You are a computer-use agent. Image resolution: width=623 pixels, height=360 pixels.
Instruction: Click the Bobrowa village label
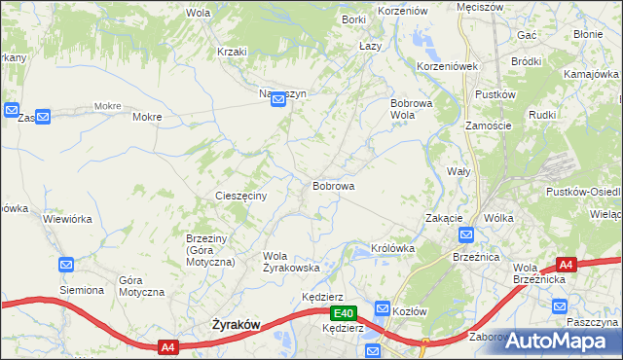pos(333,185)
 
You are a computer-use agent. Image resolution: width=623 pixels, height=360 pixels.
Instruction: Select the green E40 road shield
pos(342,313)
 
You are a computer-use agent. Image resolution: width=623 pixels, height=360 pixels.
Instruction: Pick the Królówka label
pos(393,248)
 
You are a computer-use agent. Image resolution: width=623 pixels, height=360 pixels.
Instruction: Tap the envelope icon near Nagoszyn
pos(277,110)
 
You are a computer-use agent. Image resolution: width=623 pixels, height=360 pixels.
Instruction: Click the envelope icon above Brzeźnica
pos(466,234)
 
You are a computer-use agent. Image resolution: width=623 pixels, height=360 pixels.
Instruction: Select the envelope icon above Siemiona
pos(66,265)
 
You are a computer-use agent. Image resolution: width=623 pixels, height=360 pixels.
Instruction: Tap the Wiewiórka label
pos(67,219)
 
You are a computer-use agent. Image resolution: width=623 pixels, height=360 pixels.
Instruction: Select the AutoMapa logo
pos(555,341)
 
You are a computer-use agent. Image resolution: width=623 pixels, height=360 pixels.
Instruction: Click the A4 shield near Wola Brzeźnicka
pos(567,264)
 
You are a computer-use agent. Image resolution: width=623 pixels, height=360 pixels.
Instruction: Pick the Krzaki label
pos(233,52)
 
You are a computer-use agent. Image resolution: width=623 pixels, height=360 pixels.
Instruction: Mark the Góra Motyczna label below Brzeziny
pos(136,286)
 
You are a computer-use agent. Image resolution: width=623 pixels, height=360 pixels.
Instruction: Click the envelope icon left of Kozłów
pos(383,308)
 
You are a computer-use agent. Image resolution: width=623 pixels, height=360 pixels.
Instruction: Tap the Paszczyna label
pos(592,321)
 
